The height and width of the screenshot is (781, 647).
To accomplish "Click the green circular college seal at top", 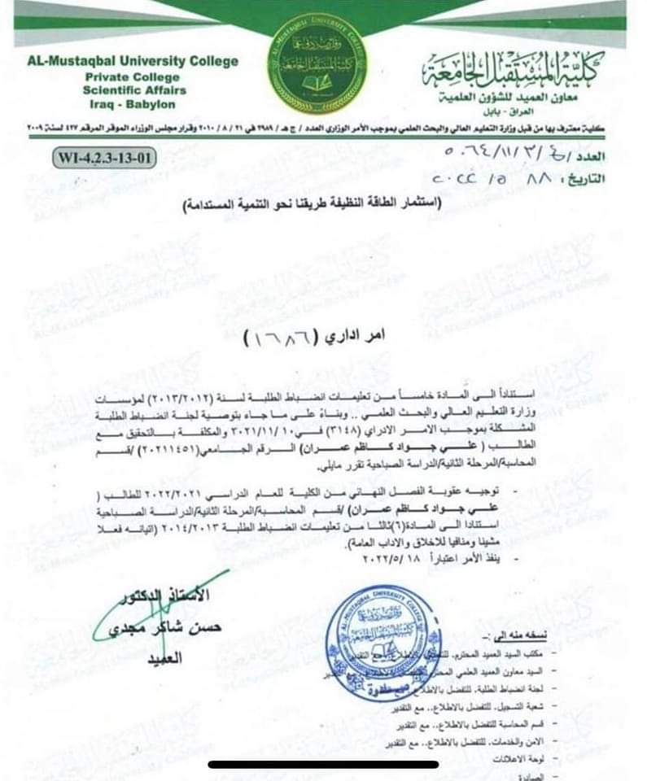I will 317,64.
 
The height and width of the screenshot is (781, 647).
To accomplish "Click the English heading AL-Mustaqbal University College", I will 133,61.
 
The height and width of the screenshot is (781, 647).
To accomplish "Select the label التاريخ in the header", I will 598,178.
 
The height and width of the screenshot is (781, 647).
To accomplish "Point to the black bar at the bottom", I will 323,764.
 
